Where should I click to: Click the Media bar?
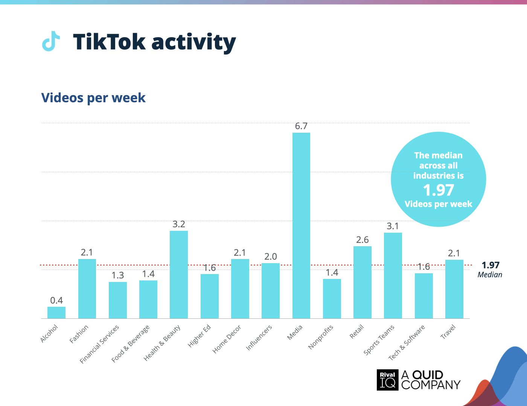[301, 226]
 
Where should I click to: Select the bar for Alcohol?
[56, 313]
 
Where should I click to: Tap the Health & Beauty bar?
[179, 274]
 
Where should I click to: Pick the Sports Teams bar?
[393, 276]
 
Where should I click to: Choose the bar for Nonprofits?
[332, 298]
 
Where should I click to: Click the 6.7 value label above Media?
[301, 126]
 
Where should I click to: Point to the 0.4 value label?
[56, 300]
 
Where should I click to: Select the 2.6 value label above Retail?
[363, 240]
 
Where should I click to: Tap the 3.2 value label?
[179, 224]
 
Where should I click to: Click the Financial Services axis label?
[100, 344]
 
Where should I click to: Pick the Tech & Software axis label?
[407, 342]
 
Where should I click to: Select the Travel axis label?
[448, 332]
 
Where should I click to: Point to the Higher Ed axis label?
[200, 336]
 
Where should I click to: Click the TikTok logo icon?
[51, 41]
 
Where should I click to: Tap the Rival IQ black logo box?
[387, 380]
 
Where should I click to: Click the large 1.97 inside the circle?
[439, 190]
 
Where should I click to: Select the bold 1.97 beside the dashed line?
[490, 265]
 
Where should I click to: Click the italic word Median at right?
[490, 275]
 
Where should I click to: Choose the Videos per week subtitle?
[93, 98]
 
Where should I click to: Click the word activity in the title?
[193, 42]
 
